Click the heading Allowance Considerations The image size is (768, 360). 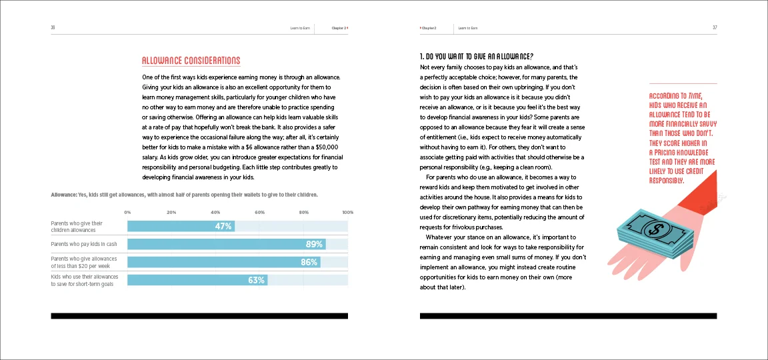(191, 61)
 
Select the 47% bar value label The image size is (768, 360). (223, 226)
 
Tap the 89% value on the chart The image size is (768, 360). (314, 244)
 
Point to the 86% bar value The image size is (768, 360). (309, 262)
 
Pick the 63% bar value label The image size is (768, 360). (256, 280)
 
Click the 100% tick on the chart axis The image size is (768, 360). (347, 212)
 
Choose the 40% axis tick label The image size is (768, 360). (215, 212)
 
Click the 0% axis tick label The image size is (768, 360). (127, 212)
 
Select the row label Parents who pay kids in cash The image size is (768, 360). (83, 244)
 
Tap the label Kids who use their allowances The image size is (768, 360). (82, 277)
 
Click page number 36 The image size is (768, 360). (53, 28)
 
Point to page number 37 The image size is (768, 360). (714, 28)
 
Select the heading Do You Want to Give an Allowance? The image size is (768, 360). (477, 56)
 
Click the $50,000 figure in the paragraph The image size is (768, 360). (328, 146)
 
